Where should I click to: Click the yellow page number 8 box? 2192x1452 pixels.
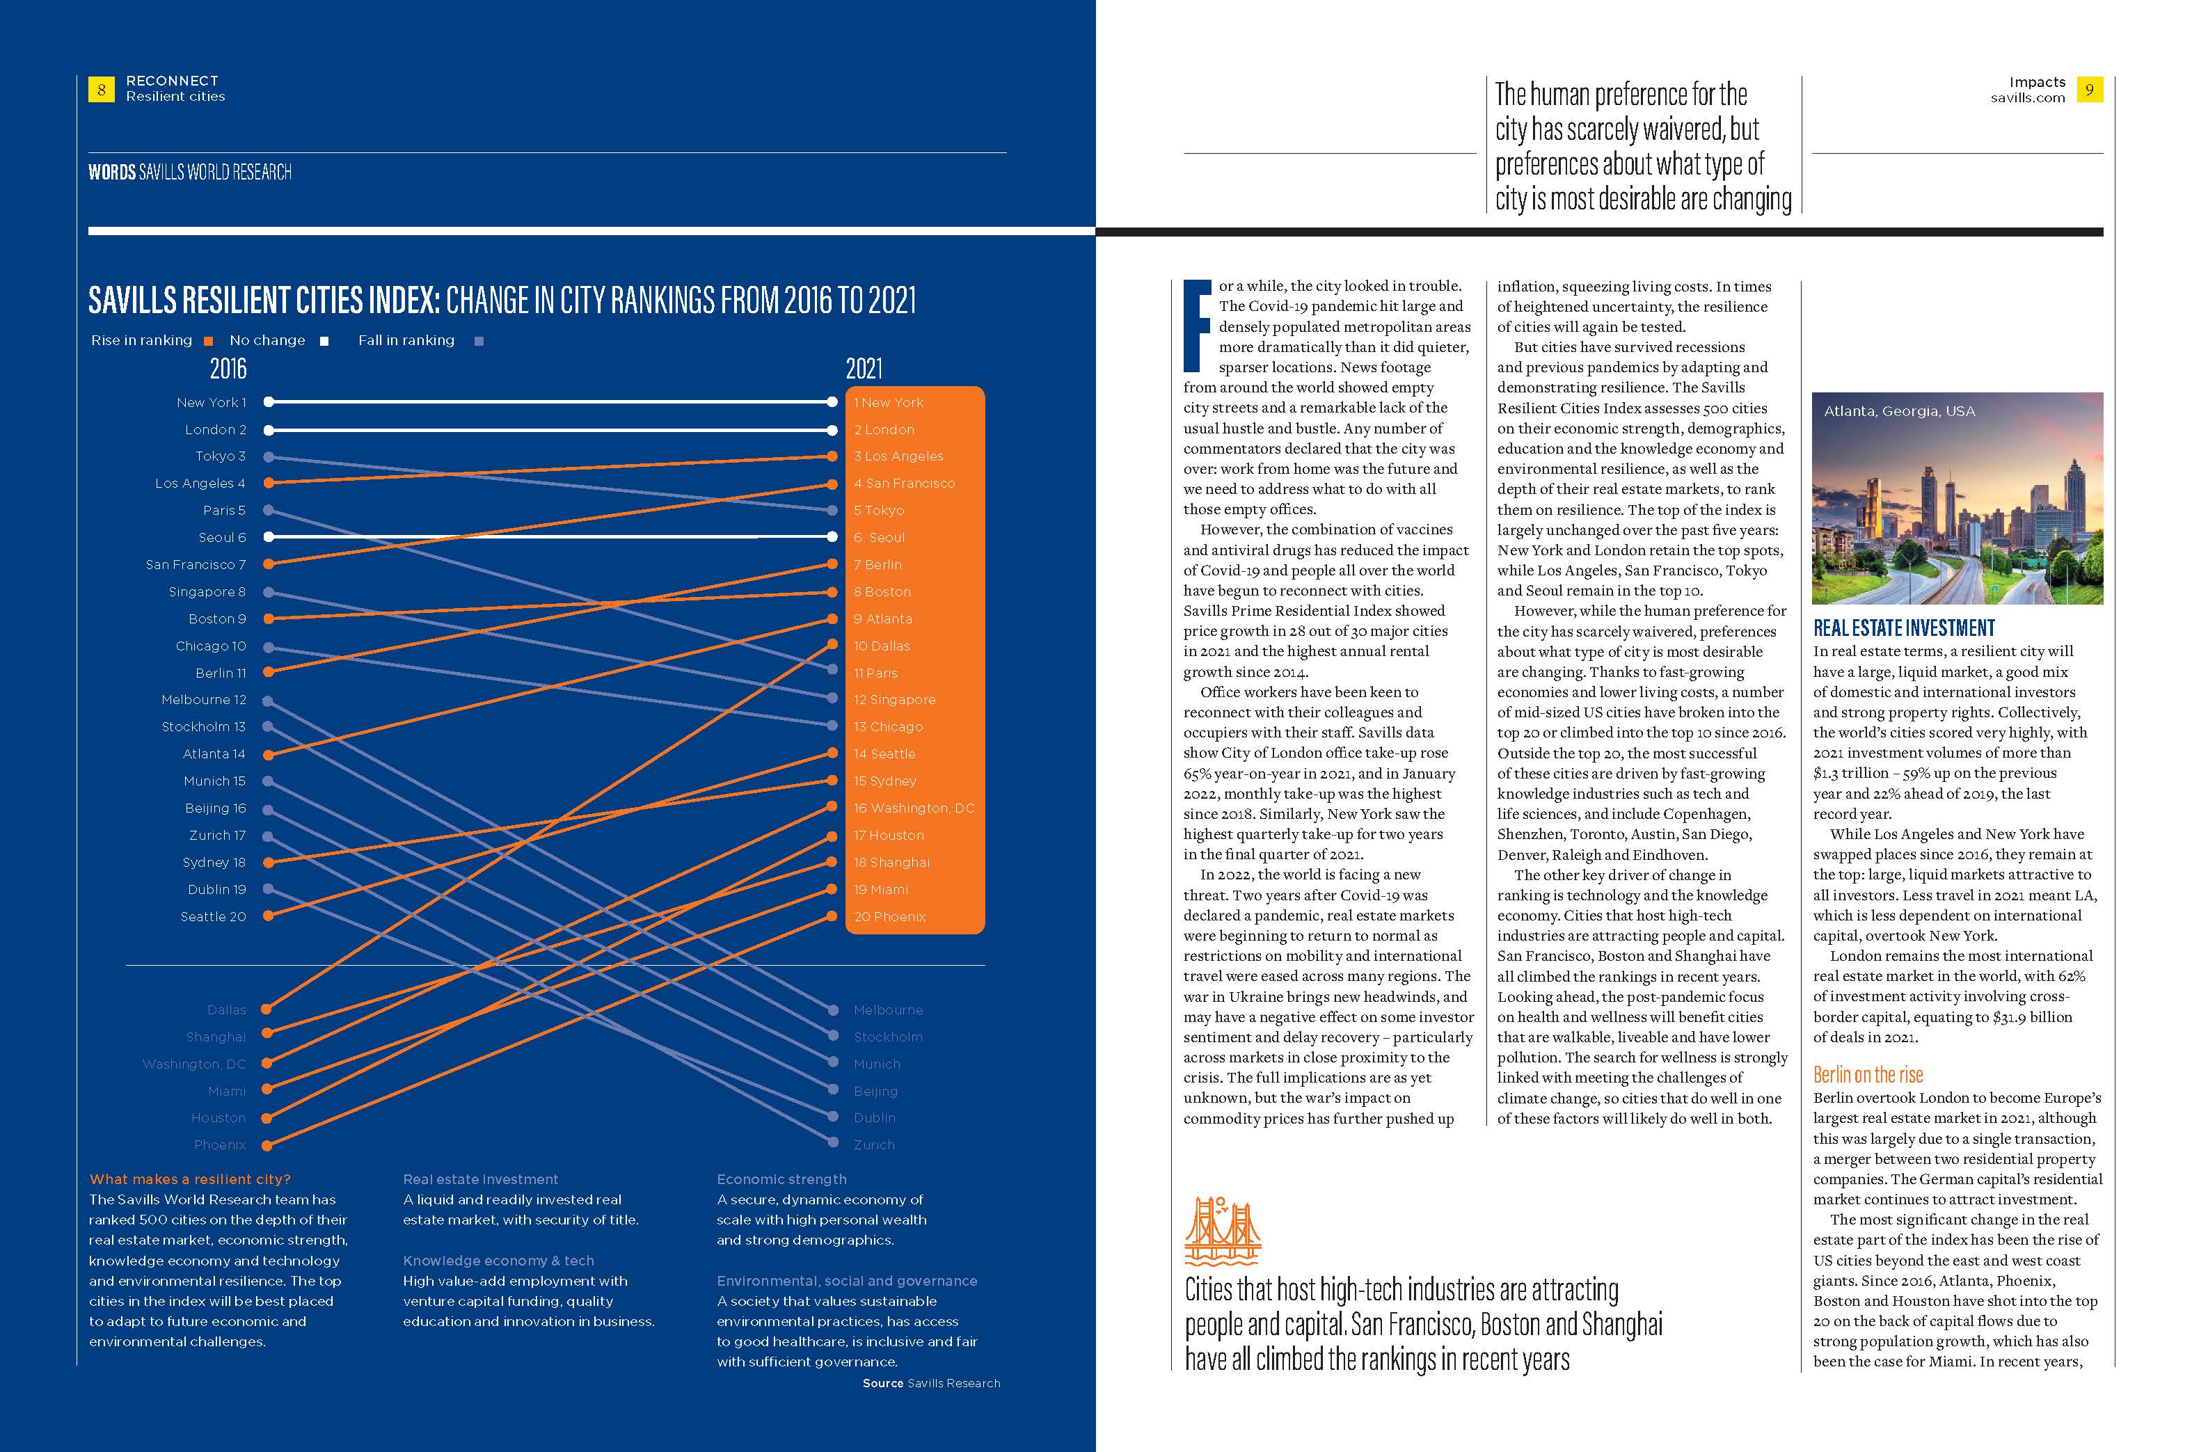coord(101,90)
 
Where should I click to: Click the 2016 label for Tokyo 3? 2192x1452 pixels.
coord(221,456)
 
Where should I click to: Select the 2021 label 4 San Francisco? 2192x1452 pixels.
coord(904,484)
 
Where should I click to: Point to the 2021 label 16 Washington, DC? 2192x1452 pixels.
coord(914,808)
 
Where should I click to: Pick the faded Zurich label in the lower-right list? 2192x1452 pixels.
coord(874,1145)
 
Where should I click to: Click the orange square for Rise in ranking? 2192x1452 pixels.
coord(208,341)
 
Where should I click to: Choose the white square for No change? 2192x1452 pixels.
coord(324,341)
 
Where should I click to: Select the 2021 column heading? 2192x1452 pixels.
coord(864,369)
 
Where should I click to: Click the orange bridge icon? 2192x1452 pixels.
coord(1223,1231)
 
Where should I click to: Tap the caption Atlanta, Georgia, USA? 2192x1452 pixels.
coord(1899,411)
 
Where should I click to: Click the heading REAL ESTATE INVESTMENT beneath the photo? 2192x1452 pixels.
coord(1904,628)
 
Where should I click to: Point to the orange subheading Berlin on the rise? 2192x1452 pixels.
coord(1868,1075)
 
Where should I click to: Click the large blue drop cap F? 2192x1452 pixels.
coord(1198,324)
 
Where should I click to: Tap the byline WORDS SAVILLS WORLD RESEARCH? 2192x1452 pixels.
coord(190,173)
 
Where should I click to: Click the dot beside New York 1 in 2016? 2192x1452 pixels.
coord(268,402)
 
